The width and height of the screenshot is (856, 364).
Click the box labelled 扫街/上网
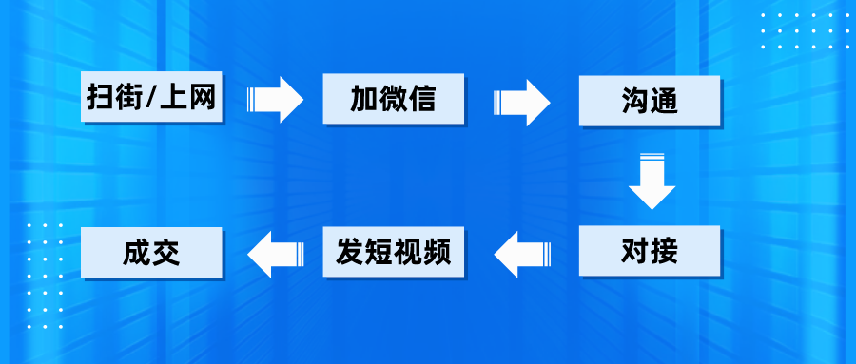coord(152,98)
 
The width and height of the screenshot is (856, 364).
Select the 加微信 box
coord(393,98)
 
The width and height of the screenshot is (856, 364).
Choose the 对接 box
coord(650,252)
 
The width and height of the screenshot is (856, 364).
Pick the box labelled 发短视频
coord(393,252)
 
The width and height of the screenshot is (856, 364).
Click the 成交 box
coord(152,252)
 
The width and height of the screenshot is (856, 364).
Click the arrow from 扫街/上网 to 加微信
coord(275,99)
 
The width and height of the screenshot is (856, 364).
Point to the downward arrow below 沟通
coord(651,181)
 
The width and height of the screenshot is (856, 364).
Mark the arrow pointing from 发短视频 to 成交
coord(274,253)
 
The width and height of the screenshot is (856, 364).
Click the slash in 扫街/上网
coord(152,98)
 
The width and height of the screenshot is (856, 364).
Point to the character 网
coord(204,98)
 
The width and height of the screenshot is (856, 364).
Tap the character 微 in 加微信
coord(393,98)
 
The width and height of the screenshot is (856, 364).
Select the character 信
coord(421,98)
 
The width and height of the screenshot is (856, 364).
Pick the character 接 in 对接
coord(664,252)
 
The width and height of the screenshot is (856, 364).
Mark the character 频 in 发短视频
coord(436,252)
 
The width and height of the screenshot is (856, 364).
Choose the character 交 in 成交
coord(166,252)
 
